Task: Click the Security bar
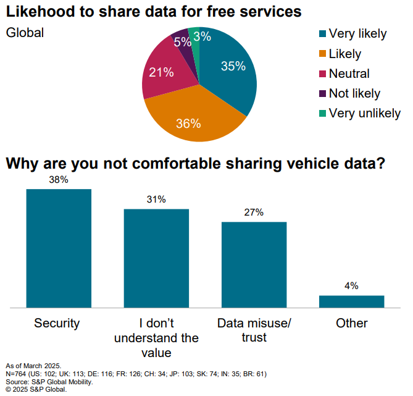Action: point(59,248)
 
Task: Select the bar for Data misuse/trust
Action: point(254,264)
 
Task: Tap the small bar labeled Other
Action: point(352,301)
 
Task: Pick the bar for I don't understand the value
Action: point(156,258)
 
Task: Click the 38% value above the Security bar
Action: point(59,180)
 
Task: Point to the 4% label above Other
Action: point(352,286)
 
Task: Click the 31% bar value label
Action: point(156,200)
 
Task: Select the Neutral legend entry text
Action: point(349,74)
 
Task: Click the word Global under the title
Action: point(25,33)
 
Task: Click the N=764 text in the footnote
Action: point(19,374)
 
